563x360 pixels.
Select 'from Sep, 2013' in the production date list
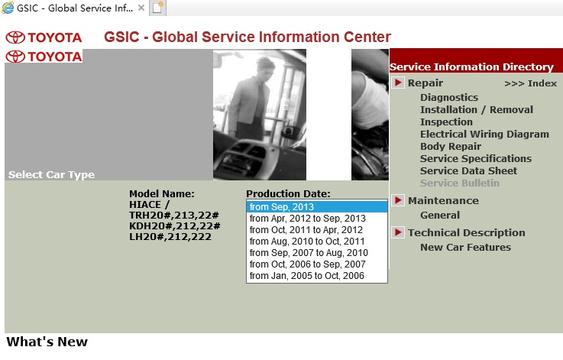click(x=281, y=207)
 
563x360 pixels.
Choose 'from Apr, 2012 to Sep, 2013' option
click(x=307, y=219)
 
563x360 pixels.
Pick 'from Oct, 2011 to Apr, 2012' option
click(x=306, y=230)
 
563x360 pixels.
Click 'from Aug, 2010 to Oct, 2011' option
click(x=307, y=242)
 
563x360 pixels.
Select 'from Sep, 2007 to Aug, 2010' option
click(x=309, y=253)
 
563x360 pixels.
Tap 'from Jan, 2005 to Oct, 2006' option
click(x=306, y=276)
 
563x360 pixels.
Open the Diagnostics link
click(x=449, y=97)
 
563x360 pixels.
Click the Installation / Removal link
click(x=477, y=109)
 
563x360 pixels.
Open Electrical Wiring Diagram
click(x=484, y=134)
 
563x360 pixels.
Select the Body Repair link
click(x=451, y=147)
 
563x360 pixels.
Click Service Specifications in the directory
click(x=476, y=159)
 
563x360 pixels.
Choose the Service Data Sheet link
click(x=468, y=171)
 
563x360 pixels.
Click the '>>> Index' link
click(x=530, y=83)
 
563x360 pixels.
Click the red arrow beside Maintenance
click(x=398, y=200)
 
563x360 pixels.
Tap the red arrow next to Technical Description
click(x=398, y=232)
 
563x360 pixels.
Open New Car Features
click(x=465, y=247)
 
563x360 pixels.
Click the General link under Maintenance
click(x=440, y=216)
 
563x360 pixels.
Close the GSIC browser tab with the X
click(x=141, y=8)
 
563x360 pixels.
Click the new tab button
click(x=157, y=8)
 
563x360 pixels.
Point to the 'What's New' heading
click(x=47, y=342)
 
